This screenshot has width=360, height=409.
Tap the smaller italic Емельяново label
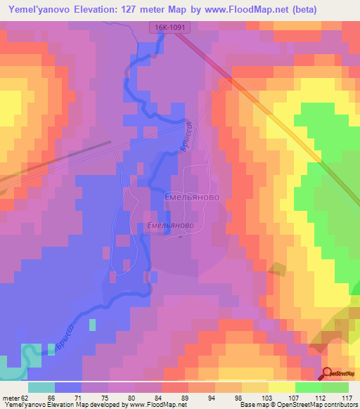(x=171, y=226)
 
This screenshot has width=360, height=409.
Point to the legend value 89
(x=185, y=398)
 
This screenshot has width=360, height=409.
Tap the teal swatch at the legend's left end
(x=41, y=387)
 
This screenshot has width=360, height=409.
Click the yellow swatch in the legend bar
(x=282, y=387)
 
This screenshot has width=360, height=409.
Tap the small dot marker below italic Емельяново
(x=181, y=237)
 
